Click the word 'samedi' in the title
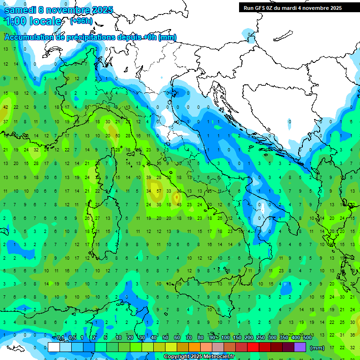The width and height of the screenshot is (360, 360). pos(19,10)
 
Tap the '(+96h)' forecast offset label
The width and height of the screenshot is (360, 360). pos(81,21)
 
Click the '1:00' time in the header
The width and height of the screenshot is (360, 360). pos(15,21)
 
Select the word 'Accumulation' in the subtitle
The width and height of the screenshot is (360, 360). pos(29,37)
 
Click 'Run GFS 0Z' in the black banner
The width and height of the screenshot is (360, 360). pos(261,8)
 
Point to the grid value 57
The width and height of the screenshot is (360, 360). pos(159,191)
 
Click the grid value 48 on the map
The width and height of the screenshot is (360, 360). pos(179,205)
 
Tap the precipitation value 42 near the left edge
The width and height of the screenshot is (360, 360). pos(6,107)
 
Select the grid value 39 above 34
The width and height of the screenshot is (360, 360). pos(149,178)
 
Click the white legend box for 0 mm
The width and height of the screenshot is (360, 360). pos(54,347)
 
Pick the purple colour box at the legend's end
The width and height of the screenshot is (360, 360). pos(300,347)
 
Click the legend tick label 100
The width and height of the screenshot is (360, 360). pos(225,338)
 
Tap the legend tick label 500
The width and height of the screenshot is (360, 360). pos(307,338)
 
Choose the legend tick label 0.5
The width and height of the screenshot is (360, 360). pos(72,338)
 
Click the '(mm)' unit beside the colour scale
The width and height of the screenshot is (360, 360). pos(317,348)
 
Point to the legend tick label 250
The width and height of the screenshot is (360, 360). pos(261,338)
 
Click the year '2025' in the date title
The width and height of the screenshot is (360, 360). pos(103,10)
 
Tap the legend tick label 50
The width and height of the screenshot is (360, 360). pos(165,338)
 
